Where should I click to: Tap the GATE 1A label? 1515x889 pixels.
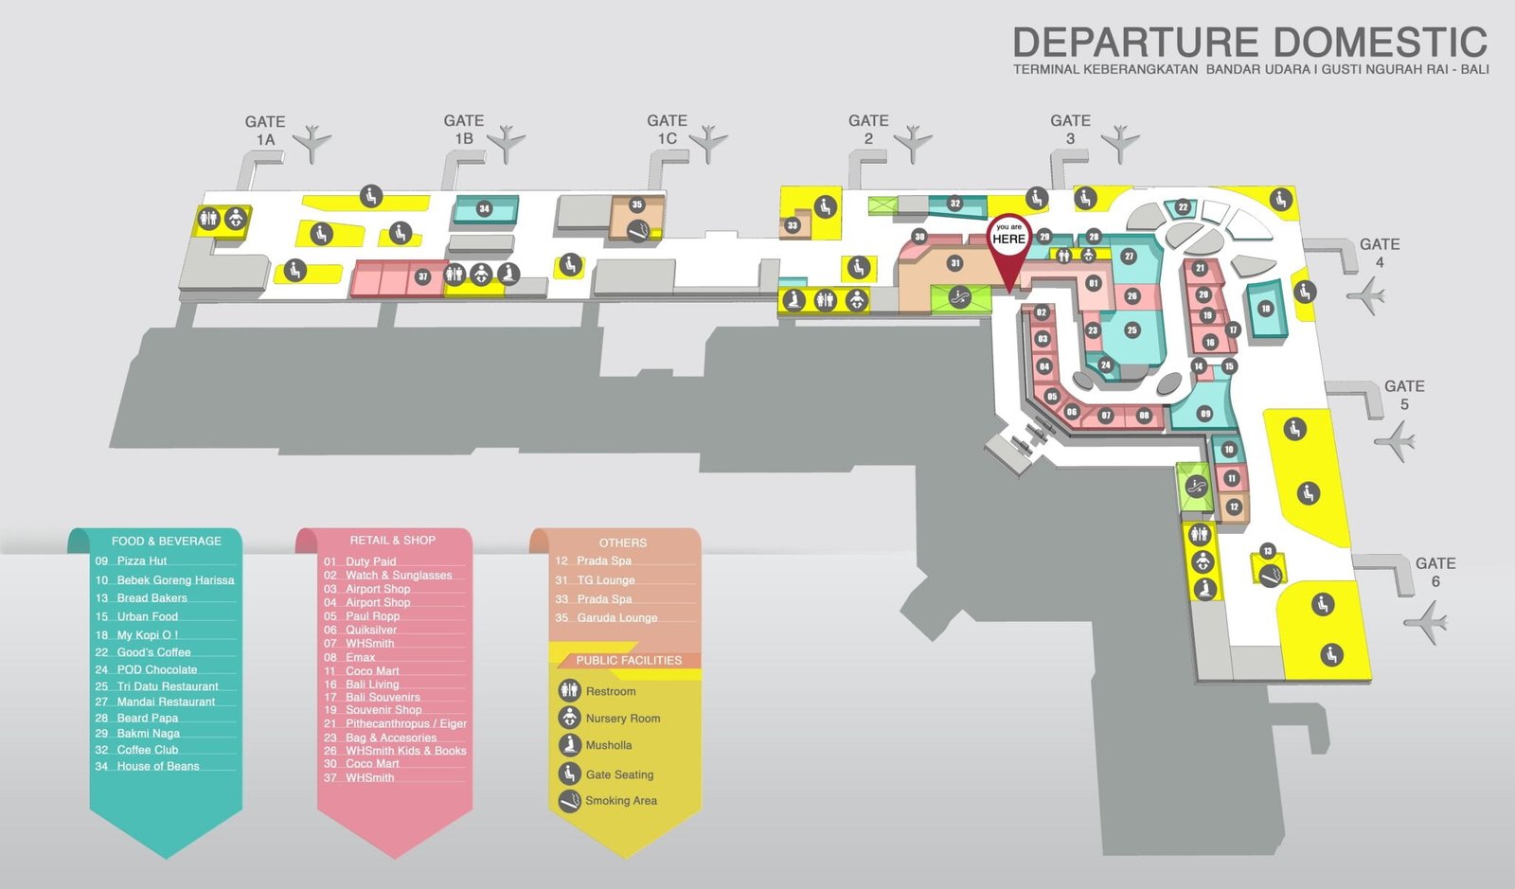(265, 131)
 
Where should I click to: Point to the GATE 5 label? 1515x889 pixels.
(1404, 395)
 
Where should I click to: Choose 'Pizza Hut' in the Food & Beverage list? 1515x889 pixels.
(141, 560)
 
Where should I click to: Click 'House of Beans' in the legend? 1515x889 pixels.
(157, 766)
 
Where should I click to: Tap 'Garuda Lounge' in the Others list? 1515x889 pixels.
(616, 617)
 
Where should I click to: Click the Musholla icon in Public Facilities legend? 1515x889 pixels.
(569, 745)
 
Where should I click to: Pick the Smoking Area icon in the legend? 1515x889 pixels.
(569, 801)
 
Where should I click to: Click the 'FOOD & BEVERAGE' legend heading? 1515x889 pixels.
(166, 541)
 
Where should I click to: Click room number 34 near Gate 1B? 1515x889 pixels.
(484, 208)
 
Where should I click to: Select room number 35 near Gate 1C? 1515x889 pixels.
(637, 204)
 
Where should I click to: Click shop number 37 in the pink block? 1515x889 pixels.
(423, 277)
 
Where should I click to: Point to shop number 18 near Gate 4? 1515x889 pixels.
(1265, 309)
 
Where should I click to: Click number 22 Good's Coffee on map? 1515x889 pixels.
(1183, 207)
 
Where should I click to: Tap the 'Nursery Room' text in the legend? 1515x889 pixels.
(622, 719)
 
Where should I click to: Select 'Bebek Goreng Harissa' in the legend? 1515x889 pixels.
(174, 579)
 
